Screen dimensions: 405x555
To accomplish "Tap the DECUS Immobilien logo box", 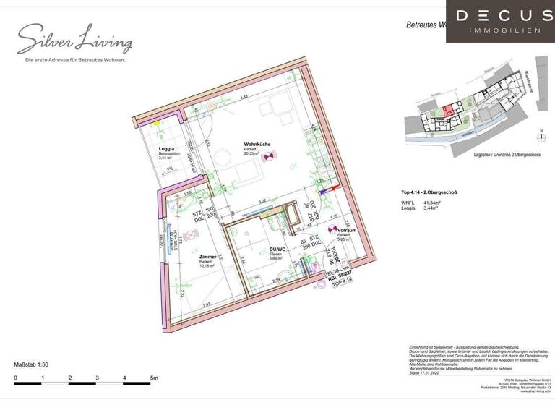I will pyautogui.click(x=499, y=21).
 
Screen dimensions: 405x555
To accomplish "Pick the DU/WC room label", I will pyautogui.click(x=257, y=249).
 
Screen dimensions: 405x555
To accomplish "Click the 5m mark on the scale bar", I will pyautogui.click(x=153, y=378).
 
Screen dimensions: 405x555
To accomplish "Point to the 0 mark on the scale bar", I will pyautogui.click(x=15, y=378).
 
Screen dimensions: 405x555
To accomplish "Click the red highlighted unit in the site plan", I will pyautogui.click(x=448, y=111).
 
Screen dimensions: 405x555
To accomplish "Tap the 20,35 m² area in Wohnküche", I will pyautogui.click(x=251, y=153).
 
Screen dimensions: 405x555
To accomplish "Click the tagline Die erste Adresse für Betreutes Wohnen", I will pyautogui.click(x=75, y=59).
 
